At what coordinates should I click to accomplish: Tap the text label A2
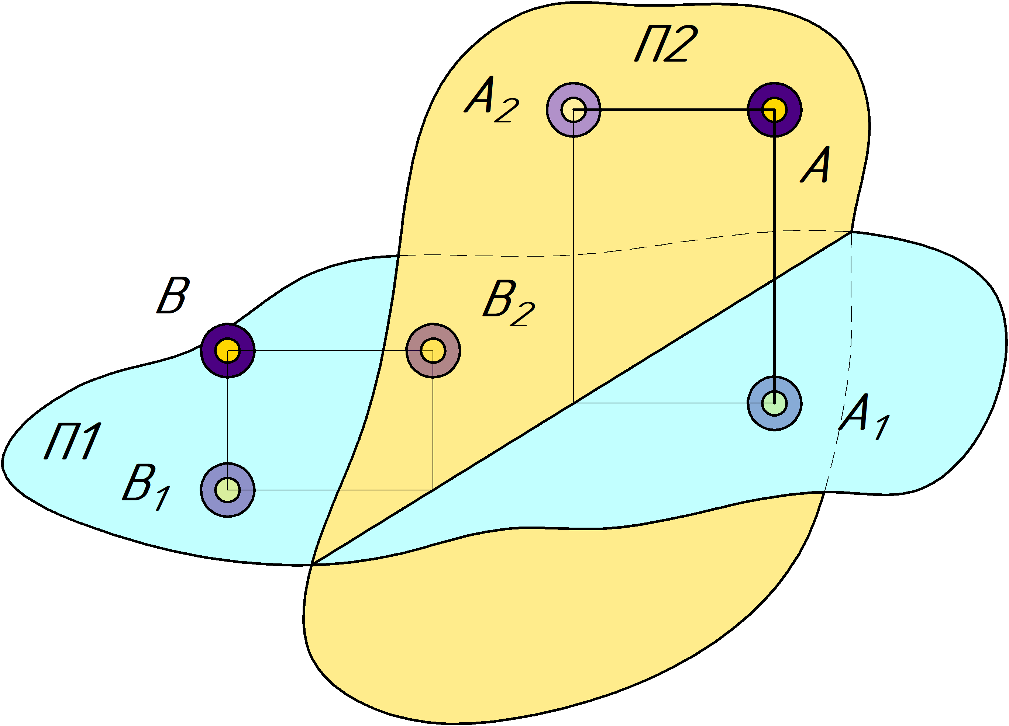491,100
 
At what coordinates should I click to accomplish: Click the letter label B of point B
173,296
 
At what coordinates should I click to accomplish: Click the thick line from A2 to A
667,110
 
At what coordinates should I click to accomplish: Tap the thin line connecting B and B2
329,351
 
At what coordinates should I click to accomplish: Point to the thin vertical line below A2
574,267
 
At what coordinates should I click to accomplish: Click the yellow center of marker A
774,110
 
